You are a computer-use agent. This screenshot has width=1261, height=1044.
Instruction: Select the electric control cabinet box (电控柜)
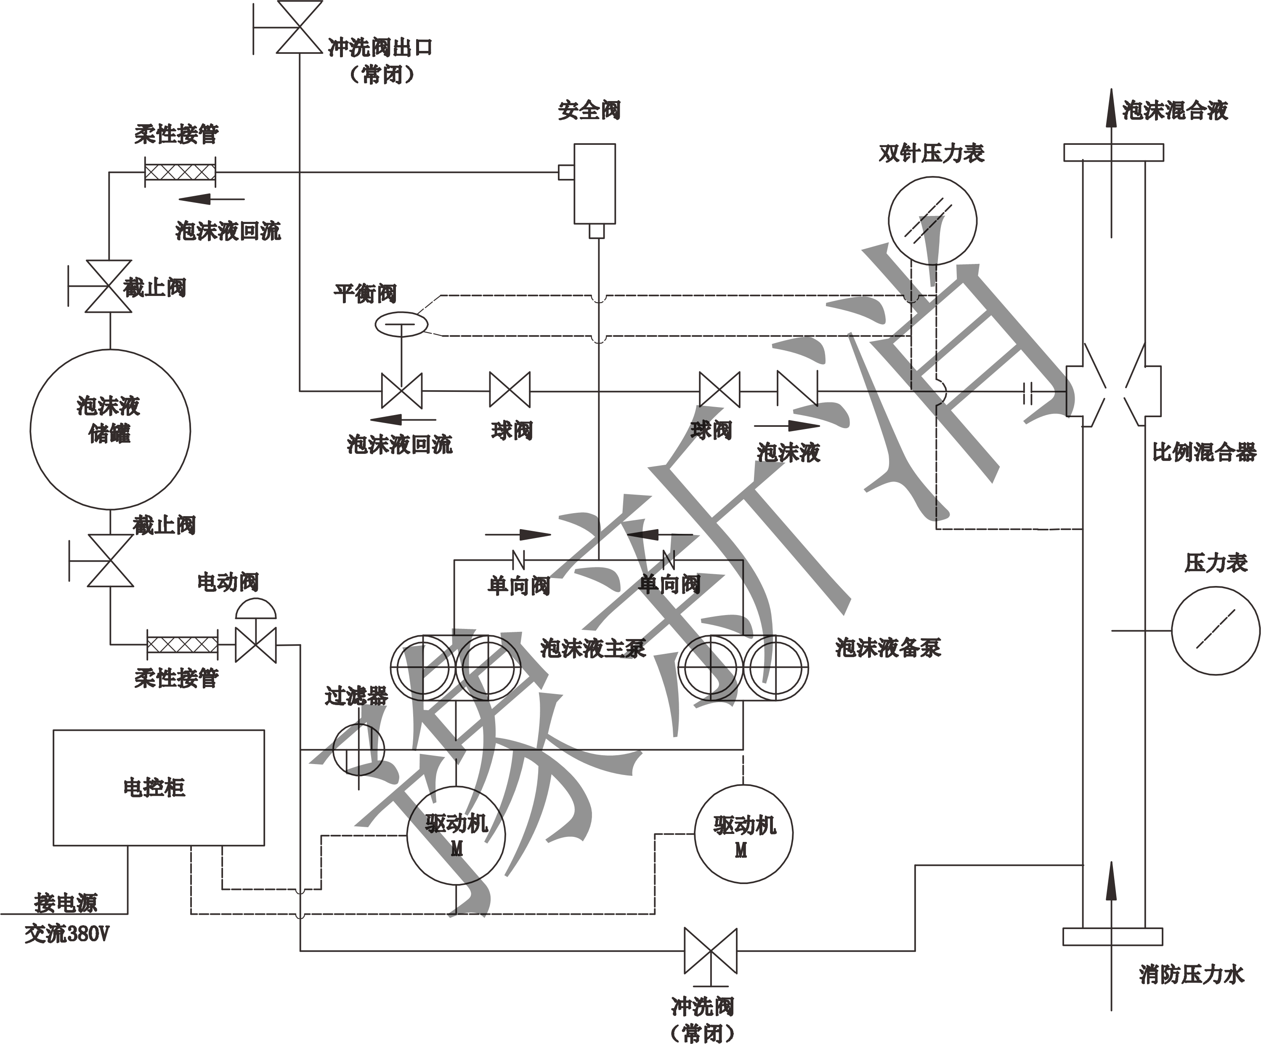(x=159, y=787)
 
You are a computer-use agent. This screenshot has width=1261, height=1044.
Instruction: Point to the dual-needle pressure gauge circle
(x=932, y=221)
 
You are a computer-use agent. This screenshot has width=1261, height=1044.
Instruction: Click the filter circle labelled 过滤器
(x=359, y=749)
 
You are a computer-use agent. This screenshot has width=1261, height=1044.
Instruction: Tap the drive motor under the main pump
(x=457, y=834)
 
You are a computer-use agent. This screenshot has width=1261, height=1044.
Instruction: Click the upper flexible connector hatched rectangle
(x=180, y=173)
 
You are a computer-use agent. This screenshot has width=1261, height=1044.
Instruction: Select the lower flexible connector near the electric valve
(x=183, y=646)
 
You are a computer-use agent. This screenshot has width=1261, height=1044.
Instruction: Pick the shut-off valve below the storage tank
(x=110, y=560)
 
